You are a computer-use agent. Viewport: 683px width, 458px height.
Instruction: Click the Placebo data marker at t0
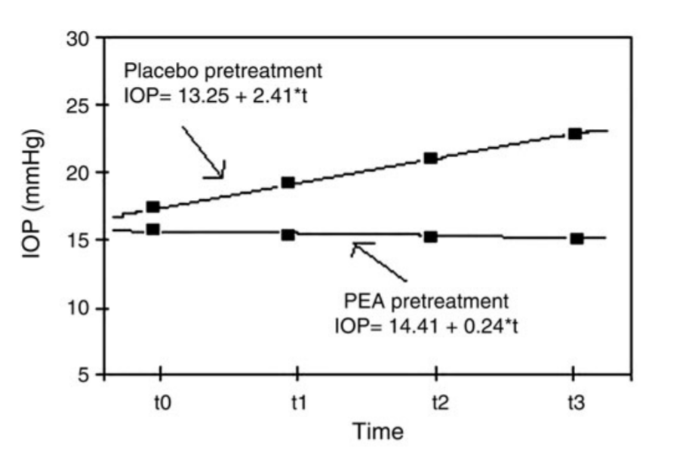[x=152, y=207]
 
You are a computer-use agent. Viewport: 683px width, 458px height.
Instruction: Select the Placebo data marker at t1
[x=288, y=183]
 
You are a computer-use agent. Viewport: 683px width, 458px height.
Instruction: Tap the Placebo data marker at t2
[x=431, y=158]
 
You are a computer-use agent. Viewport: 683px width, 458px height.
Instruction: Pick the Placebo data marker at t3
[x=575, y=134]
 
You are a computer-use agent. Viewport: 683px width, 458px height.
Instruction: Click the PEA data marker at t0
[x=152, y=229]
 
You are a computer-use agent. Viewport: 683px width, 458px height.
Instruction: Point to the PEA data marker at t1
[x=288, y=235]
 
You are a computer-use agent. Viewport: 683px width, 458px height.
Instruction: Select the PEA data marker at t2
[x=431, y=237]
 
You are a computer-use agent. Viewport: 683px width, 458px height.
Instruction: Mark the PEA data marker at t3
[x=577, y=238]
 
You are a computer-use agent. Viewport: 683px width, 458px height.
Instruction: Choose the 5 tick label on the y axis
[x=84, y=376]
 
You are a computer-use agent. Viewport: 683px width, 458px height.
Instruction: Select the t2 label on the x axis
[x=437, y=402]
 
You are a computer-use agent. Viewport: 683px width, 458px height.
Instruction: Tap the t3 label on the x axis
[x=576, y=402]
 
